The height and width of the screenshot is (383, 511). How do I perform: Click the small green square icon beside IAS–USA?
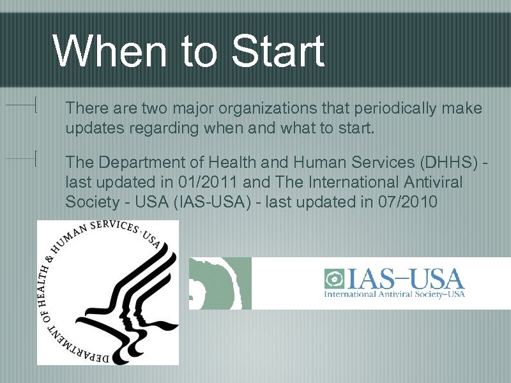click(x=333, y=279)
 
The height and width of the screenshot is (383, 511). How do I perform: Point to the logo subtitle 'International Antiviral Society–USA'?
click(x=394, y=294)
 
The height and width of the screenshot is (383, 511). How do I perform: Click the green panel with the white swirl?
click(x=220, y=283)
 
